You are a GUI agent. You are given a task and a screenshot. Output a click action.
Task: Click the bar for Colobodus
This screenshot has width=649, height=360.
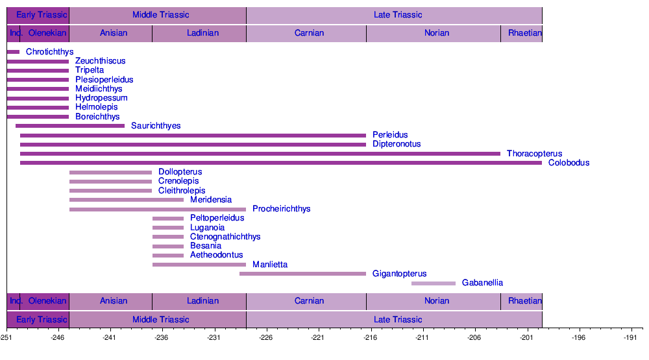click(x=280, y=163)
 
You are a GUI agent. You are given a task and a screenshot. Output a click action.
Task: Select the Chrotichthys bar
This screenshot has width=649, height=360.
click(x=13, y=52)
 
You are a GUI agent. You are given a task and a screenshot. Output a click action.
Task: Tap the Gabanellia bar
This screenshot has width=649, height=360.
click(x=434, y=283)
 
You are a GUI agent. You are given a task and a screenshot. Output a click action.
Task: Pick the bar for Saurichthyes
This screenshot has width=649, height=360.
click(x=70, y=126)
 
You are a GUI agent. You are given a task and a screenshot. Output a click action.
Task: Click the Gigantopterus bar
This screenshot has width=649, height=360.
click(x=302, y=274)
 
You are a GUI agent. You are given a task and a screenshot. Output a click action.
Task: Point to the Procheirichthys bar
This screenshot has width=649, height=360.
click(x=158, y=209)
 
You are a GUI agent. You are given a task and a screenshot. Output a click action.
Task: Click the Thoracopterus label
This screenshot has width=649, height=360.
click(x=534, y=154)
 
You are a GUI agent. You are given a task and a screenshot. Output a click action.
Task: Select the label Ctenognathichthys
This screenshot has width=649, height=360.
click(x=225, y=237)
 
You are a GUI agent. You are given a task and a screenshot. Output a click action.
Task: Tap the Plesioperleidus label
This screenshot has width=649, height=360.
click(x=104, y=80)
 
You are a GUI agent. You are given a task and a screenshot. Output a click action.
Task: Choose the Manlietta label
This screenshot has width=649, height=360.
click(x=270, y=265)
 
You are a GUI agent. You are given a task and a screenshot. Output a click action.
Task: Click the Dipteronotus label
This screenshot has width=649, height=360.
click(x=397, y=144)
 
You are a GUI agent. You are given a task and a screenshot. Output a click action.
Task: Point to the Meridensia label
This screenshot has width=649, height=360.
click(x=211, y=200)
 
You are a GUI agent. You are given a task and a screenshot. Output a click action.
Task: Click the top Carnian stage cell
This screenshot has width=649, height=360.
click(x=309, y=33)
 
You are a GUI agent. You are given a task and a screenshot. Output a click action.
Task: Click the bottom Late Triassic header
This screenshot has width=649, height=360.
click(x=398, y=319)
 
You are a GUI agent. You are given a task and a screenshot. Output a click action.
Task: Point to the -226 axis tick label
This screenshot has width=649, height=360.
click(x=265, y=338)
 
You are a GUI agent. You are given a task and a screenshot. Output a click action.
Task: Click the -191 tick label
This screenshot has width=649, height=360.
click(x=630, y=338)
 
